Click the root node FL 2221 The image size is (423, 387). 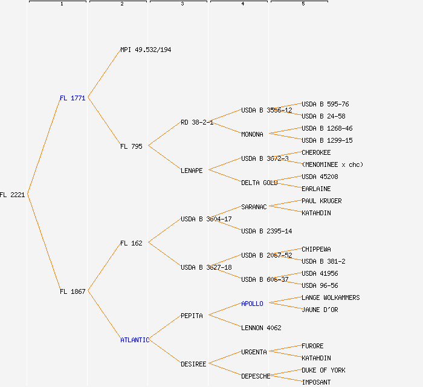13,195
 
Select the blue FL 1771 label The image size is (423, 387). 73,98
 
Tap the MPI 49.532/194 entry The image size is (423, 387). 146,50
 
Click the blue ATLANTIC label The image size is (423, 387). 134,340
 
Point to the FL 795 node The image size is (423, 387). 131,146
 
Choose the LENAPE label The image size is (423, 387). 192,171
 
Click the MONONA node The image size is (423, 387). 252,134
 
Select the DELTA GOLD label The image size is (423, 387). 259,183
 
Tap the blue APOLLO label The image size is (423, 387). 252,304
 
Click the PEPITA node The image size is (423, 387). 192,316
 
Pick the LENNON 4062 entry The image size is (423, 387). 261,328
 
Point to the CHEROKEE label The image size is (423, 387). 316,152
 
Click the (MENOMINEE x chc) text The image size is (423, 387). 332,164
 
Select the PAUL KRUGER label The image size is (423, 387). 321,201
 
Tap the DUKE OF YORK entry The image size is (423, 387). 323,370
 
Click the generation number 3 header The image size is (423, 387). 182,4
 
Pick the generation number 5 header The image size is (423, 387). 303,4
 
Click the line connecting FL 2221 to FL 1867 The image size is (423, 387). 43,242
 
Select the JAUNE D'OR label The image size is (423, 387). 320,310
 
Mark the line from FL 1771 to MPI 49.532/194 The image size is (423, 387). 104,73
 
